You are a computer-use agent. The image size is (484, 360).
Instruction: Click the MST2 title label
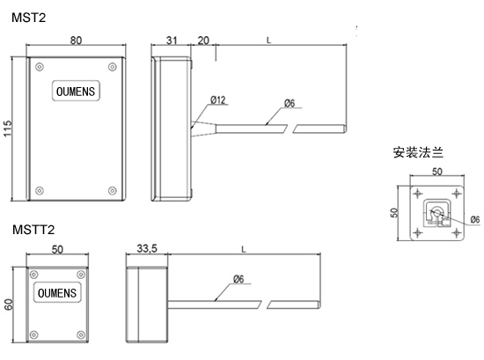coord(28,18)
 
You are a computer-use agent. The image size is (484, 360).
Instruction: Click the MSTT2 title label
coord(33,230)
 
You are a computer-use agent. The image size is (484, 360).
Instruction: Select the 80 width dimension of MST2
coord(76,40)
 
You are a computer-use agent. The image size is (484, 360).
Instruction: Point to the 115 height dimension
coord(7,129)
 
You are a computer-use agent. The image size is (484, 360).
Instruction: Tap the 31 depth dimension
coord(172,40)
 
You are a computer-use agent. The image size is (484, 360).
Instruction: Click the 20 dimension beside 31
coord(203,40)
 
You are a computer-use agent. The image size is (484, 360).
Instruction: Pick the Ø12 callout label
coord(218,100)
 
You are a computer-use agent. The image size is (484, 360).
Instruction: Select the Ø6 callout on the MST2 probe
coord(290,103)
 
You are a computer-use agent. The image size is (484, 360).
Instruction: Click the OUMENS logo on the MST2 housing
coord(76,91)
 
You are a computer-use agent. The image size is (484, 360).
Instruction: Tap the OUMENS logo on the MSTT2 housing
coord(57,293)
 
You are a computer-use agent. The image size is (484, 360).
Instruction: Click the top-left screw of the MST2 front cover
coord(40,67)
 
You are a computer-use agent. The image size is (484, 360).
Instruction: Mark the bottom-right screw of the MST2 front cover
coord(113,190)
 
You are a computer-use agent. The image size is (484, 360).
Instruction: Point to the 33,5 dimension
coord(147,248)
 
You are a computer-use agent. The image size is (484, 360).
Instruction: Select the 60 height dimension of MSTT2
coord(8,305)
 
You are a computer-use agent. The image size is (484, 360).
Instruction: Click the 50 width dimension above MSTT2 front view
coord(57,249)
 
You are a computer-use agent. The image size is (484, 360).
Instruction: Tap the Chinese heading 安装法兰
coord(418,152)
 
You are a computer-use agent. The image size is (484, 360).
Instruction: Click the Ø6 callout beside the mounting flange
coord(475,219)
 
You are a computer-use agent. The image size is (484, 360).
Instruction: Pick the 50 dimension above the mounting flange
coord(437,172)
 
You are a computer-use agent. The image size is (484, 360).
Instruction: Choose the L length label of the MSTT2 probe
coord(244,249)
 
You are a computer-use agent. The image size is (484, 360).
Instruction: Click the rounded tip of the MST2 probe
coord(345,129)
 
